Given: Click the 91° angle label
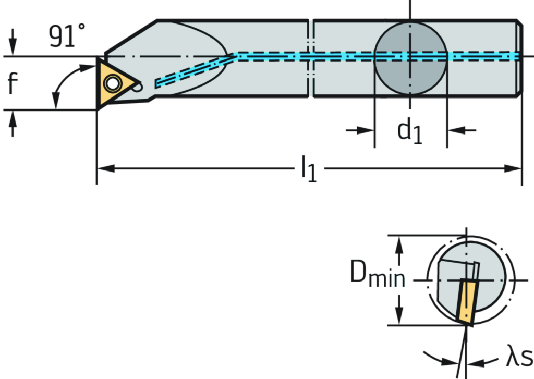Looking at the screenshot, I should [x=66, y=36].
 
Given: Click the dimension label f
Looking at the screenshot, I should [x=13, y=82].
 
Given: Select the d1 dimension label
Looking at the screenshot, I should [x=410, y=130].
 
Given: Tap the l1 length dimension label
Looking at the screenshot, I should [x=309, y=168].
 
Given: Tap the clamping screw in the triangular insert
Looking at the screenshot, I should [x=112, y=82].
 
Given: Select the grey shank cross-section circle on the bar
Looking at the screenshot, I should [x=410, y=58].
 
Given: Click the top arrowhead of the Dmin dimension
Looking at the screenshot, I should [x=399, y=241].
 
